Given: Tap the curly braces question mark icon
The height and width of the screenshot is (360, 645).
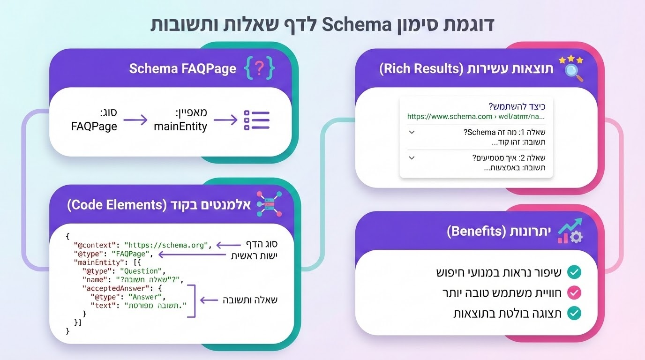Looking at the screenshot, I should click(259, 69).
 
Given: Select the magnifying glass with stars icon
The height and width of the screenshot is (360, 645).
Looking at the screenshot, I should click(570, 68).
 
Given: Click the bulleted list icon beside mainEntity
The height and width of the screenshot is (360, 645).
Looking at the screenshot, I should click(257, 120).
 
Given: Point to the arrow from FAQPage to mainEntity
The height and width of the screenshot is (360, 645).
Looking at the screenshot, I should click(135, 120).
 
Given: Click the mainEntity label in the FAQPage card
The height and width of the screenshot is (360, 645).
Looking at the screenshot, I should click(180, 127).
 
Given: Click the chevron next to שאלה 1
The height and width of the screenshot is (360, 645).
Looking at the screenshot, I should click(412, 133).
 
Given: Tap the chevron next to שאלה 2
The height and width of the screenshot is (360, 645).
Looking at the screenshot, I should click(412, 158).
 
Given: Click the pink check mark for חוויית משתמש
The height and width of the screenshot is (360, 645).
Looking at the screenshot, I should click(574, 293).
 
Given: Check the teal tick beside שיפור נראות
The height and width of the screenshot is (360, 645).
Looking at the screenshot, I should click(574, 272).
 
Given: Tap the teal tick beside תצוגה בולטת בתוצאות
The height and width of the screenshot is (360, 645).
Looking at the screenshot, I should click(574, 314).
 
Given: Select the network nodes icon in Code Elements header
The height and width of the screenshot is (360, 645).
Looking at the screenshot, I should click(270, 205).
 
